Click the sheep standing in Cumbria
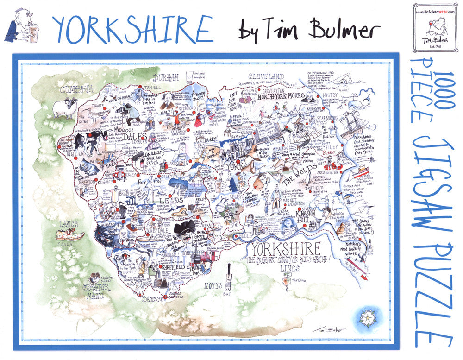64,107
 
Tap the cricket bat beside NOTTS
228,278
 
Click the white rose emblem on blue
364,318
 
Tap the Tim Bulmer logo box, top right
434,26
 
